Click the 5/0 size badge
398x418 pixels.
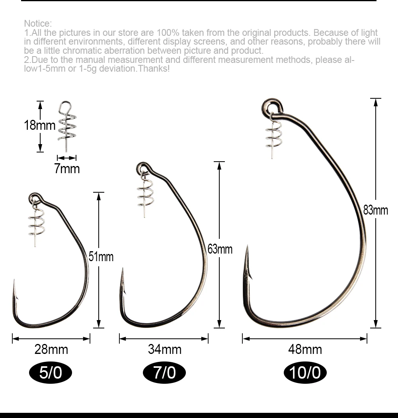(51, 372)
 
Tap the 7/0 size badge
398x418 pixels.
(164, 372)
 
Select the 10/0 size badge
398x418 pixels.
(305, 372)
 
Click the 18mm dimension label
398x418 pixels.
(39, 125)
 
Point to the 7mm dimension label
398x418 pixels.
(67, 169)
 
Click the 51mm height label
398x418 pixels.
(101, 257)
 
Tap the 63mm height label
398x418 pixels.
(220, 249)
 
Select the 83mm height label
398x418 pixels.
(376, 210)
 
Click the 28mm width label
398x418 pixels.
(51, 349)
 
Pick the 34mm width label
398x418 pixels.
(165, 349)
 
